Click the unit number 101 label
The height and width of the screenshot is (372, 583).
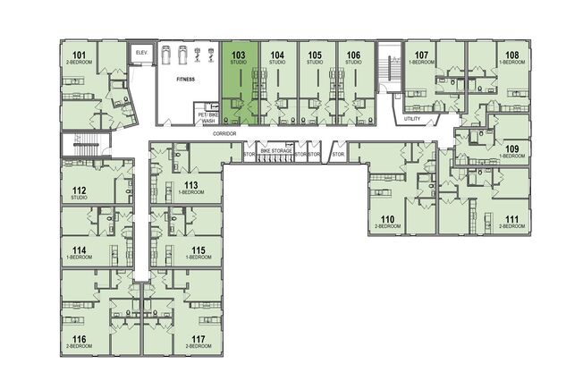tap(80, 56)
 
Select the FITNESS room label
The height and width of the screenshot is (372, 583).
tap(185, 80)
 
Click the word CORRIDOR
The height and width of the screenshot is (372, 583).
tap(225, 132)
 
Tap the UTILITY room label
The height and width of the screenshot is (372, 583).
tap(412, 119)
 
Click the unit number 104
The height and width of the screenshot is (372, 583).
tap(277, 55)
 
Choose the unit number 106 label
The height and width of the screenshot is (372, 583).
tap(353, 55)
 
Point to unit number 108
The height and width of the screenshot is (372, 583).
tap(511, 55)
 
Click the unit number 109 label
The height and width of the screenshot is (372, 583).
tap(511, 148)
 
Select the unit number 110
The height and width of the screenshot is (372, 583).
tap(387, 219)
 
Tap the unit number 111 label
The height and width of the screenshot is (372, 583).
tap(511, 219)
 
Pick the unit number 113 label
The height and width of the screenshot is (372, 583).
tap(190, 185)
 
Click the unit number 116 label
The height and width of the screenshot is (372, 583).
tap(80, 339)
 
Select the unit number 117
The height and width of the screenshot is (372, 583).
tap(199, 339)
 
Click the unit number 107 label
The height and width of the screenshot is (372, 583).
tap(423, 55)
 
